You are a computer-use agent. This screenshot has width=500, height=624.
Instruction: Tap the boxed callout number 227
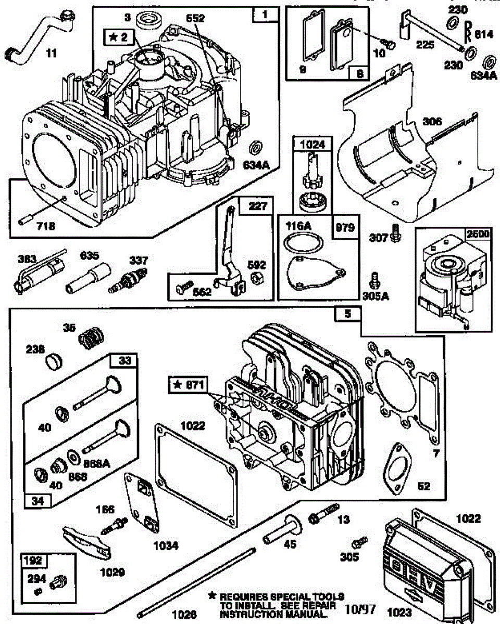tap(260, 206)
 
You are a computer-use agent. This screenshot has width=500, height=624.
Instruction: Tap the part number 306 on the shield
tap(432, 122)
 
